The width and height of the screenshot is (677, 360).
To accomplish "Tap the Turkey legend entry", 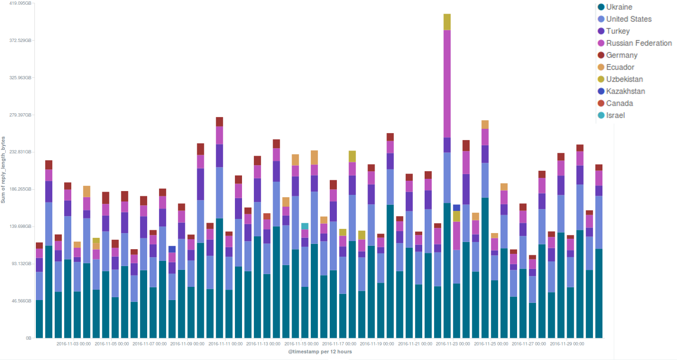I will coord(618,31).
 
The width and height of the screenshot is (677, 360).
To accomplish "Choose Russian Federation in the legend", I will coord(639,43).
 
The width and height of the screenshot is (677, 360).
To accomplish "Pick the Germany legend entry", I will coord(621,55).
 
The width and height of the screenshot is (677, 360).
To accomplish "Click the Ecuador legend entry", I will coord(620,67).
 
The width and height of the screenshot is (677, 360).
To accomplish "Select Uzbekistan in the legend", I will coord(624,79).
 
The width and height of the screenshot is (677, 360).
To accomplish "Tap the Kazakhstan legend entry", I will coord(626,91).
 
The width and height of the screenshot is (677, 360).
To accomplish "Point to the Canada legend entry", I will coord(619,103).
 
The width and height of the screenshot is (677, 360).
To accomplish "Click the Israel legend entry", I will coord(615,115).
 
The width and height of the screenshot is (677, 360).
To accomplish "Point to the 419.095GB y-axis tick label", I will coord(20,3).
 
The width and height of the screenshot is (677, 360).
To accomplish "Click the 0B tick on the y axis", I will coord(28,338).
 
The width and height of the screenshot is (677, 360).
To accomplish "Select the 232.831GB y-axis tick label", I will coord(20,152).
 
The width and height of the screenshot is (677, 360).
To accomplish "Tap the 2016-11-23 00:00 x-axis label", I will coord(453,344).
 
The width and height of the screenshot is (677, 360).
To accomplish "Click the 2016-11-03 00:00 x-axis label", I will coord(74,344).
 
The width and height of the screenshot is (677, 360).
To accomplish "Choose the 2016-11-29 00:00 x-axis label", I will coord(567,344).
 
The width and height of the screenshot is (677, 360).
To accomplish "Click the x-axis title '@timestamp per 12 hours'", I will coord(320,352).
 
